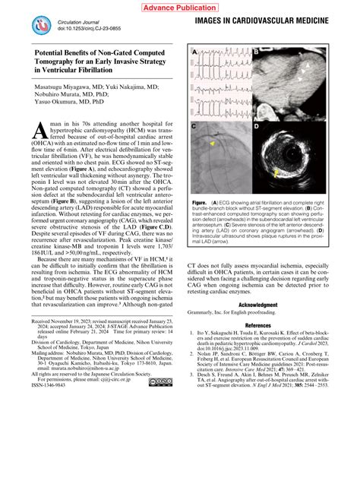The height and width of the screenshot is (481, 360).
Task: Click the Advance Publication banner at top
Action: click(180, 7)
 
